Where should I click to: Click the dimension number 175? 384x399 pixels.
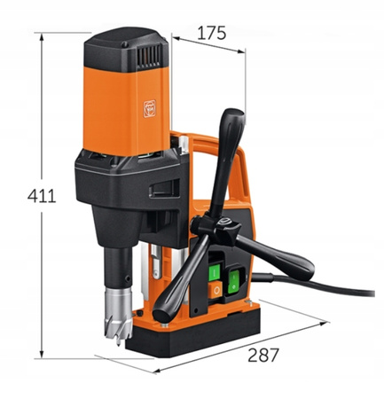tap(211, 33)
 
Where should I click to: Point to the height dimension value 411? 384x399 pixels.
tap(42, 196)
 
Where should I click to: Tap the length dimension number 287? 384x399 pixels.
tap(263, 356)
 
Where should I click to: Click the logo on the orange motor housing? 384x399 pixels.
tap(149, 108)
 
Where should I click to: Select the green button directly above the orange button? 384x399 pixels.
tap(215, 272)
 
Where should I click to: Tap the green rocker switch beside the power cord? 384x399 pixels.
tap(233, 282)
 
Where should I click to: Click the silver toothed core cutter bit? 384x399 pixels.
tap(119, 313)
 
